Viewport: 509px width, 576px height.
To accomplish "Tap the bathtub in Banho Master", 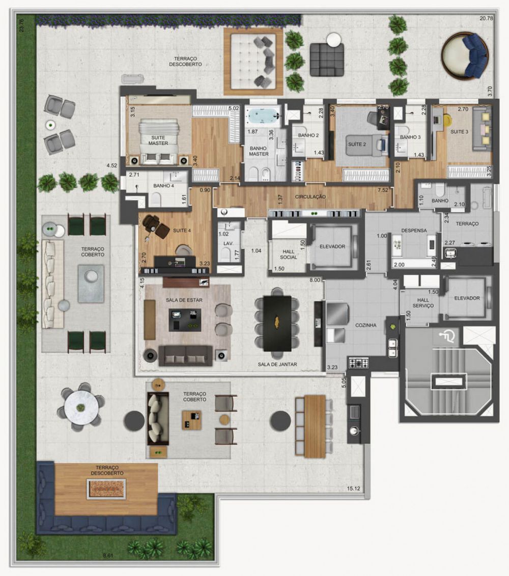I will tap(262, 116).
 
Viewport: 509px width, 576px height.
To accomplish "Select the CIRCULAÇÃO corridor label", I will tap(310, 196).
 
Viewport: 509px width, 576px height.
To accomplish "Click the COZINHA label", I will tap(366, 325).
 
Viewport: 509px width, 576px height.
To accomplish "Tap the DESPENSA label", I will tap(413, 230).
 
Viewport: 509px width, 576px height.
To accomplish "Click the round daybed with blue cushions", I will tap(464, 55).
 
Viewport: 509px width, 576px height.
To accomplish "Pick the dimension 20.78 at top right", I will tap(486, 18).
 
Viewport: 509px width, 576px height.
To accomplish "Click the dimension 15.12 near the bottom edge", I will tap(355, 488).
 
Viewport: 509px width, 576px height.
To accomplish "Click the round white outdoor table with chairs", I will tap(80, 407).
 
